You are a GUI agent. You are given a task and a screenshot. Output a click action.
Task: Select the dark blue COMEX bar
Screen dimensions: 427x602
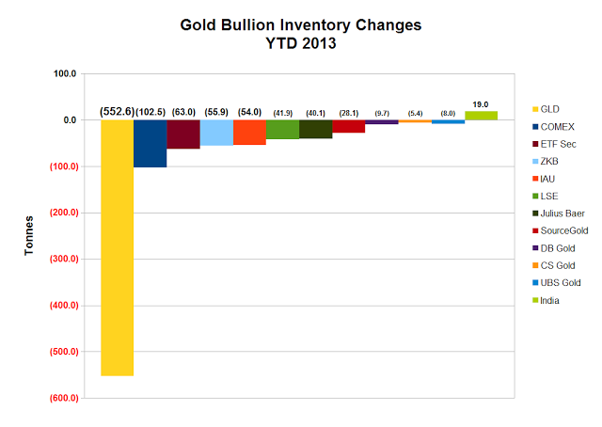150,143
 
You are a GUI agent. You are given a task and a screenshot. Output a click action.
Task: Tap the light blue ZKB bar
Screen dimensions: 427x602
216,133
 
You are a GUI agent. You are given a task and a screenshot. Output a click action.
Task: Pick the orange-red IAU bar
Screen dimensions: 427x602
249,132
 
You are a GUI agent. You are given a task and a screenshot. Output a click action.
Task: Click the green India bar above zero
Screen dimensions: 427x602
481,115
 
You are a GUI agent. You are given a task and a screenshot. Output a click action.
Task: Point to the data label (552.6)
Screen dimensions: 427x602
117,112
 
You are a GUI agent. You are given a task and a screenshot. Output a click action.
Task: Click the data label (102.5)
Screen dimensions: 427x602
150,112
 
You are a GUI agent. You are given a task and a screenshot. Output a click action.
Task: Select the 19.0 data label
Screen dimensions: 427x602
481,103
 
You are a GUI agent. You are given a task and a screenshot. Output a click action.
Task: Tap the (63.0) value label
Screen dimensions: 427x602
183,112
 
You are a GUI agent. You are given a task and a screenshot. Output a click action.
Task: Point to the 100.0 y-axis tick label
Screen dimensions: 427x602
65,73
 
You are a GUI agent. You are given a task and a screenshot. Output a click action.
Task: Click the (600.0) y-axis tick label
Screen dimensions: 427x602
61,399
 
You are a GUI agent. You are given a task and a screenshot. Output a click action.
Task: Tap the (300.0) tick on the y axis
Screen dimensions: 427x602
61,260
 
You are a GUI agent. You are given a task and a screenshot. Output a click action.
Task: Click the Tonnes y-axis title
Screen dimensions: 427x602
29,236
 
